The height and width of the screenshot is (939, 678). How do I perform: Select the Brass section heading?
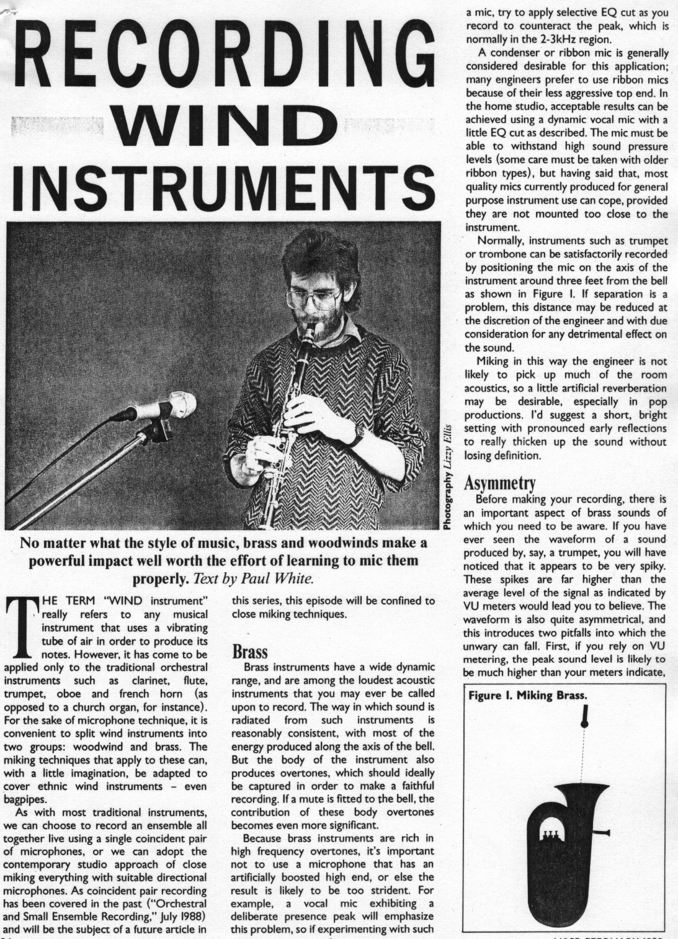point(249,652)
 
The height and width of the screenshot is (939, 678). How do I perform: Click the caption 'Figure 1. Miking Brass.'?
point(527,695)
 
